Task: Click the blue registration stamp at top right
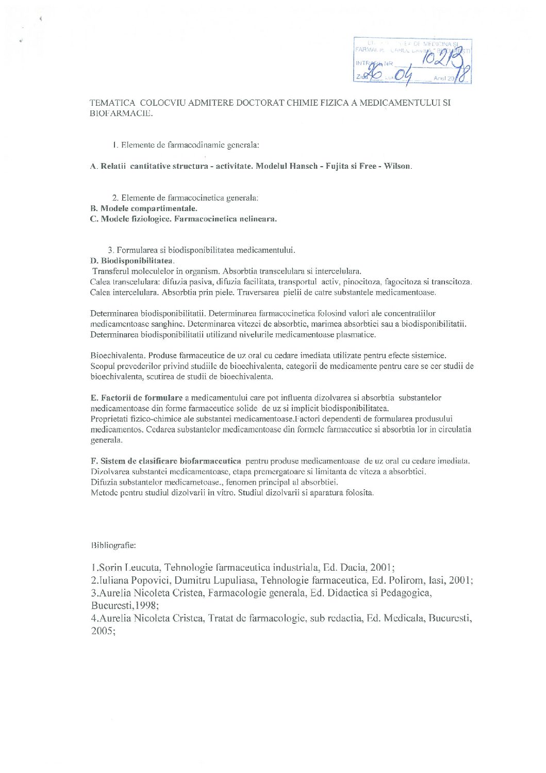click(x=412, y=60)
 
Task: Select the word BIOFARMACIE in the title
click(x=121, y=114)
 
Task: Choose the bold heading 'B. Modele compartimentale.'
click(x=143, y=208)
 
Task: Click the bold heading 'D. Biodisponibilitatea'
click(x=132, y=261)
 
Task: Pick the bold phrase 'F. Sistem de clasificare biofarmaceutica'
click(x=166, y=461)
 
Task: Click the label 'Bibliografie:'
click(x=113, y=545)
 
